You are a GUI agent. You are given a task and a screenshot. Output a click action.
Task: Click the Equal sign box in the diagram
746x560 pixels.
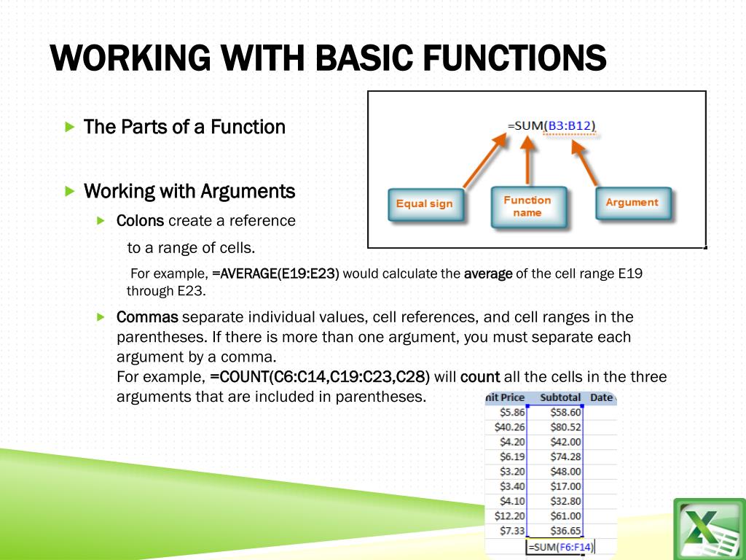[424, 204]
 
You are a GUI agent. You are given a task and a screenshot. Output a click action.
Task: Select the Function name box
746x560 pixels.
[527, 206]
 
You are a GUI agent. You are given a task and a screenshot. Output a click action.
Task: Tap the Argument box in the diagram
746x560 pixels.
[632, 203]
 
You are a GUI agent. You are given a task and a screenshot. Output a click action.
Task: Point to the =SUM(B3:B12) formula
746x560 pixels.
[551, 126]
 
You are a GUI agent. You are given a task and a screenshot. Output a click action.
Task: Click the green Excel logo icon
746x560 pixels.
[708, 528]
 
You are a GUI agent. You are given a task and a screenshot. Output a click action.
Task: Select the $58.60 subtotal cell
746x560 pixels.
[565, 413]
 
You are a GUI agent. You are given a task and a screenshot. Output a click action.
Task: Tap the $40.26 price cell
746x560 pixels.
[509, 427]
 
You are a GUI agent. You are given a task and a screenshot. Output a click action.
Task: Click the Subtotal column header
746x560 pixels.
[560, 398]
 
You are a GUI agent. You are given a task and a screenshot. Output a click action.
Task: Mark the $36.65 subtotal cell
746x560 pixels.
[565, 531]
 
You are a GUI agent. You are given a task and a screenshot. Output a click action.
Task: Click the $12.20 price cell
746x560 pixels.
[509, 516]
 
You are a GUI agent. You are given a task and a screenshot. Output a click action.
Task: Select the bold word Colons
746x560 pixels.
[140, 220]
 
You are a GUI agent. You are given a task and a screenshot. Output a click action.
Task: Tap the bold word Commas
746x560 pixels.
[147, 317]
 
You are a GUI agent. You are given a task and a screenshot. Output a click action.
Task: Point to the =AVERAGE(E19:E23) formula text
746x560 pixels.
[275, 274]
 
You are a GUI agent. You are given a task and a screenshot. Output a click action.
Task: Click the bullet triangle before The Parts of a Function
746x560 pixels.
[70, 128]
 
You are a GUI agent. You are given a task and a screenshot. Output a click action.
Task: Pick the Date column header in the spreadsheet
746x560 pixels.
[601, 398]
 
